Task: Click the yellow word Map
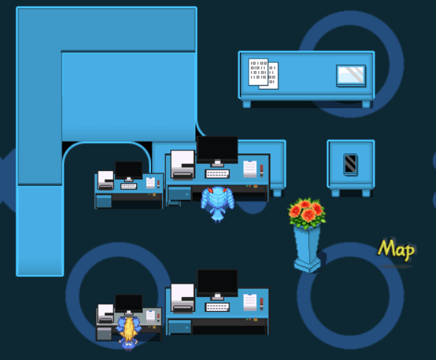pos(396,250)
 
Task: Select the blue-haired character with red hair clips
pos(218,204)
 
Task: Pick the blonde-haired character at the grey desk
pos(129,333)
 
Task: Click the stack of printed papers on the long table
pos(263,74)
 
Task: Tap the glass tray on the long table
pos(351,76)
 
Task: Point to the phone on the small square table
pos(350,164)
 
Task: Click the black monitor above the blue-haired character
pos(217,150)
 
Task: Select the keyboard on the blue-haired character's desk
pos(217,174)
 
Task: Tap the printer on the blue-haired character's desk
pos(183,164)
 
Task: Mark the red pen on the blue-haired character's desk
pos(261,170)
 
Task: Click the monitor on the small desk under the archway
pos(129,171)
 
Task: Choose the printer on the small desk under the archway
pos(106,180)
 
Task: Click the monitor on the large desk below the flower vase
pos(218,284)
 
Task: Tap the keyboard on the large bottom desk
pos(217,307)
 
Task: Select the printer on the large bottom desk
pos(183,298)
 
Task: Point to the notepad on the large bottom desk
pos(250,302)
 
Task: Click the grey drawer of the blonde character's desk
pos(104,333)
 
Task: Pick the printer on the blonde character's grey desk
pos(106,314)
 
